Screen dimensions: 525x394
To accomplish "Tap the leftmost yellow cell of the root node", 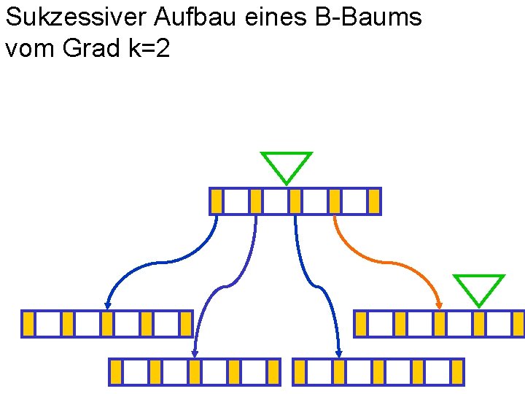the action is click(217, 201).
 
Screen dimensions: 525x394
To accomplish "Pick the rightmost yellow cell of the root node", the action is click(374, 201).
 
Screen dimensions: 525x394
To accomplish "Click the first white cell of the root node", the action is click(236, 201).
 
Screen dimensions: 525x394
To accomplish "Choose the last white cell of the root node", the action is click(354, 201).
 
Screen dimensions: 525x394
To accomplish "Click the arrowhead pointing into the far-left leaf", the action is click(107, 306).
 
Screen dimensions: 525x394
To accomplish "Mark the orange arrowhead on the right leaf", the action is click(439, 306).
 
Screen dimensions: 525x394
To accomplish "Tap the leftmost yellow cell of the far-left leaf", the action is click(28, 324).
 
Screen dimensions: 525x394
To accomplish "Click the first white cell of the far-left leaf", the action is click(48, 324).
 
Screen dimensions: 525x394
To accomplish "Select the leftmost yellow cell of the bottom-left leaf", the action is click(116, 372).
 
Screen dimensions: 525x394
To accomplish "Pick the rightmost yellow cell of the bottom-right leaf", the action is click(457, 372).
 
